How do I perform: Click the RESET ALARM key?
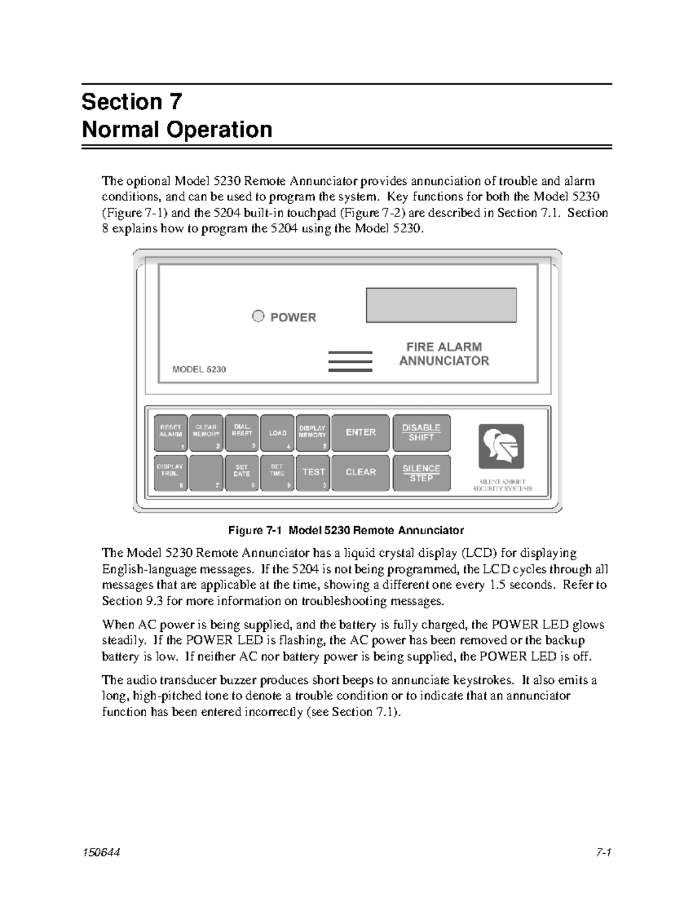(x=170, y=433)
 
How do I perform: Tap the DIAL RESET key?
(x=242, y=433)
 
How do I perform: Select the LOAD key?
(x=278, y=433)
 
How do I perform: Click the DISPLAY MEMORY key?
(x=312, y=433)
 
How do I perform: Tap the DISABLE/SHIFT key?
(x=421, y=433)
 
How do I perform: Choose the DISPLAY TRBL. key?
(x=170, y=472)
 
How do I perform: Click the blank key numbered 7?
(x=206, y=472)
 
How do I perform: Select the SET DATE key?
(x=242, y=472)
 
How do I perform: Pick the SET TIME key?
(x=278, y=472)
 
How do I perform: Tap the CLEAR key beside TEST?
(x=360, y=472)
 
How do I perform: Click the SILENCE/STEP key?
(x=421, y=472)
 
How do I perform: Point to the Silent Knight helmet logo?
(x=501, y=446)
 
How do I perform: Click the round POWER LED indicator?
(x=258, y=316)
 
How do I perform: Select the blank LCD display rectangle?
(x=441, y=305)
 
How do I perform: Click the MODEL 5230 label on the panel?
(x=199, y=369)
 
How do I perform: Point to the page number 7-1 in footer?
(x=603, y=853)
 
